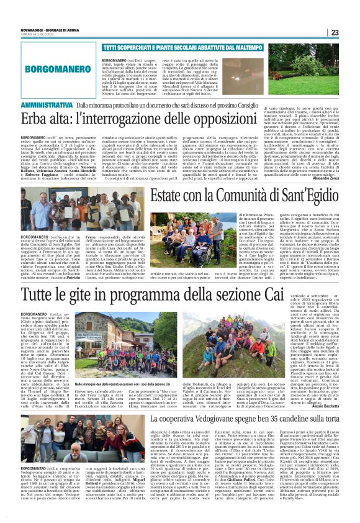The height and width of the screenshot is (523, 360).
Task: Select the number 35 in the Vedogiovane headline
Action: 284,417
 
